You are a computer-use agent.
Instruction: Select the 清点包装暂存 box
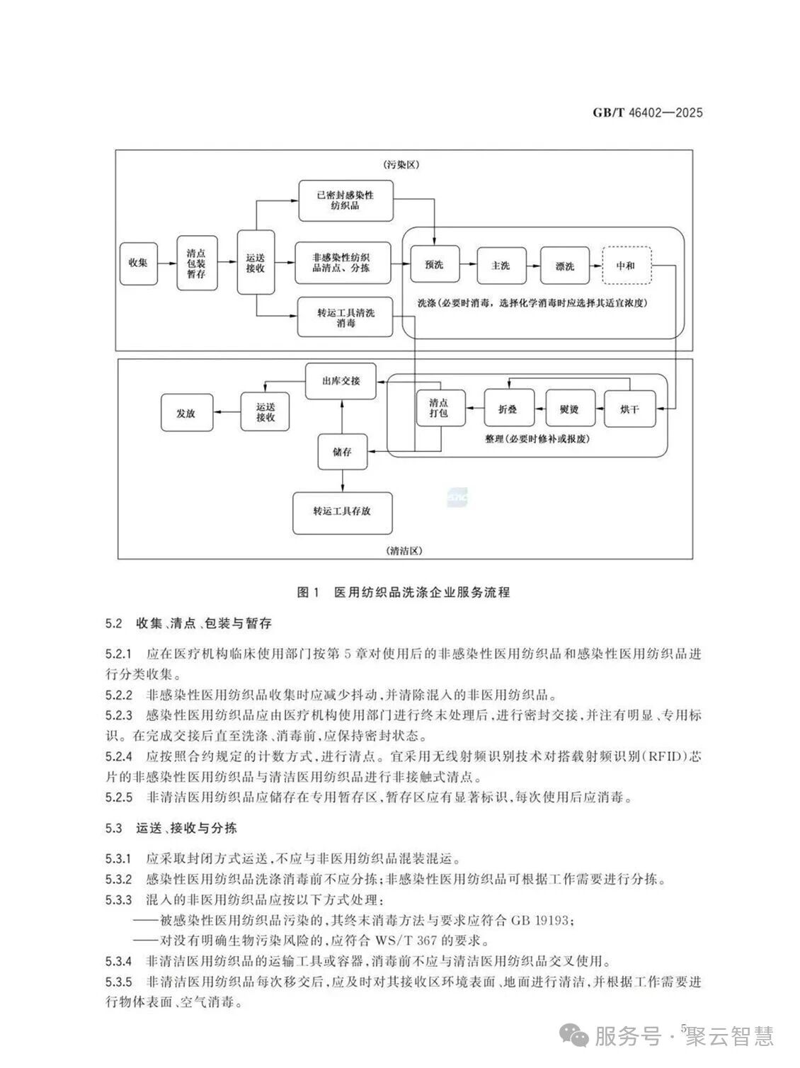(196, 263)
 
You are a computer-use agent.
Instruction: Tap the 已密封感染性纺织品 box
(345, 200)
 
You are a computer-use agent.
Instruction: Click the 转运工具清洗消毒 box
(345, 317)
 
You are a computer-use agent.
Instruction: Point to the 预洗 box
(434, 266)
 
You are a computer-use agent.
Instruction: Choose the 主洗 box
(500, 266)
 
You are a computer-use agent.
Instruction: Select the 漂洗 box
(564, 266)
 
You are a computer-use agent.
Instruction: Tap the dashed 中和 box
(625, 266)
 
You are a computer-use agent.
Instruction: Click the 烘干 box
(629, 409)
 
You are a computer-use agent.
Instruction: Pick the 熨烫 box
(568, 409)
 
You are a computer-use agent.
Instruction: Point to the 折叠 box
(508, 409)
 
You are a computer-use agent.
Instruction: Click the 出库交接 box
(341, 381)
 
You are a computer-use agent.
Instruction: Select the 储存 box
(342, 451)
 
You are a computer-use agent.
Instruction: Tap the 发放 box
(185, 412)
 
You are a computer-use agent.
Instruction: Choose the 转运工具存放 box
(342, 511)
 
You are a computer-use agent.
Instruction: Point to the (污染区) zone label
(404, 164)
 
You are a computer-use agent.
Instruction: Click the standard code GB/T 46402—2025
(646, 113)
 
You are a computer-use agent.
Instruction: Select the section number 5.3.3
(118, 900)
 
